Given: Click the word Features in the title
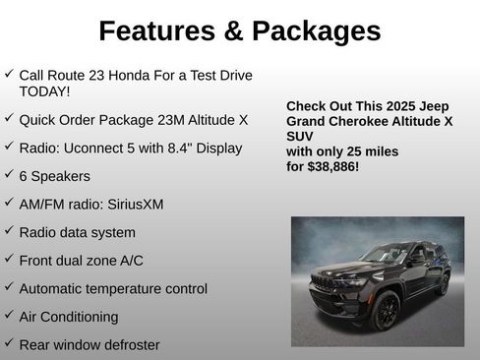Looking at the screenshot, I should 157,31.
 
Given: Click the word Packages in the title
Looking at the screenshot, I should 315,31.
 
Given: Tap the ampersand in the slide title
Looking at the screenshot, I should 235,31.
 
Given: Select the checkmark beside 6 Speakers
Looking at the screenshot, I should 9,175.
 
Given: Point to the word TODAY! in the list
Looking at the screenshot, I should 45,91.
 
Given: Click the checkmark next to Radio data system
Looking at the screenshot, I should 9,231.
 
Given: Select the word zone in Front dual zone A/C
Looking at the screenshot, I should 102,261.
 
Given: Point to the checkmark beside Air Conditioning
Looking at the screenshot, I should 9,316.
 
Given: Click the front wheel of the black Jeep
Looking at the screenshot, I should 385,312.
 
